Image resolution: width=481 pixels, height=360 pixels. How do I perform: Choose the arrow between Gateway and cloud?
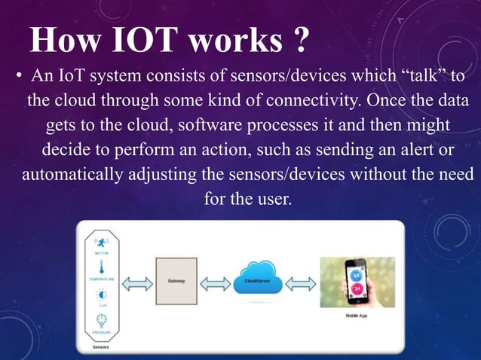coord(216,284)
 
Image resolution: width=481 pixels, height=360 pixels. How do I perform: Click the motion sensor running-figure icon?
coord(101,243)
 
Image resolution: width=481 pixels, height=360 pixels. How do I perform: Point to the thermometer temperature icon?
coord(101,267)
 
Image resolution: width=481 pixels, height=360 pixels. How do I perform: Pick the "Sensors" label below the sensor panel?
coord(100,347)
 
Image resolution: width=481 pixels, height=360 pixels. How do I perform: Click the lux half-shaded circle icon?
coord(101,295)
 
